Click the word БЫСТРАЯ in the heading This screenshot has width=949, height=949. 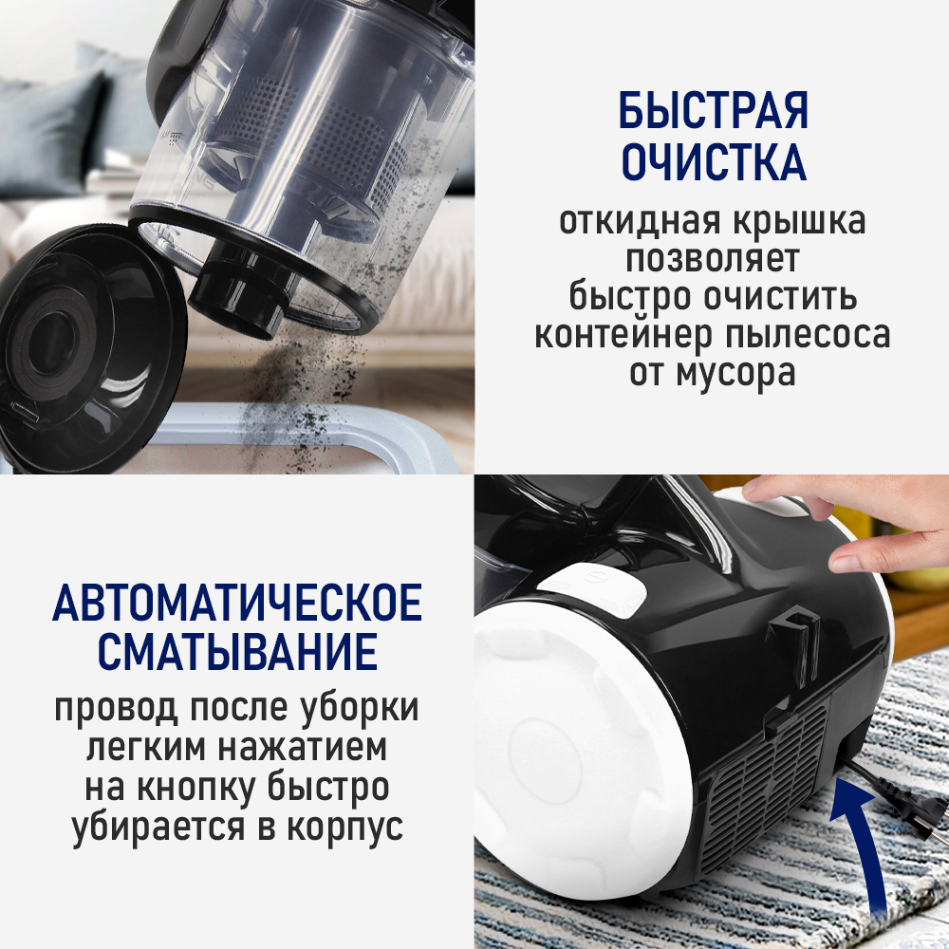click(713, 112)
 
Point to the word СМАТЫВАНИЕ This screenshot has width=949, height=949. click(237, 654)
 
